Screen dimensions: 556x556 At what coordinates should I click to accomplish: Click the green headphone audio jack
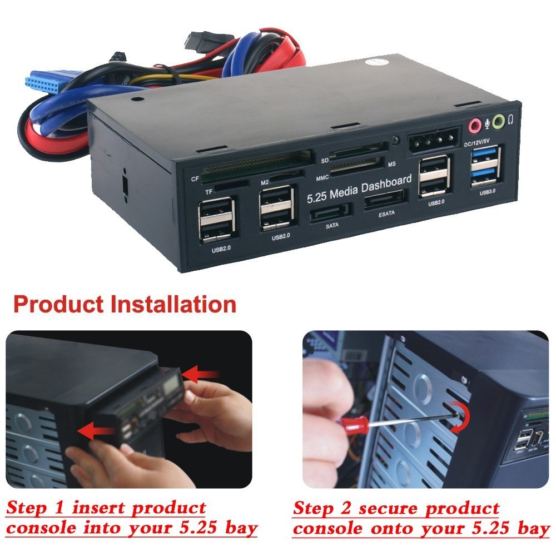[499, 120]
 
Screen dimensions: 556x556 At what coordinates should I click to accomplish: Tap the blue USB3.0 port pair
[487, 167]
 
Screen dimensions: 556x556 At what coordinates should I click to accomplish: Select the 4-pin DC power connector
[434, 147]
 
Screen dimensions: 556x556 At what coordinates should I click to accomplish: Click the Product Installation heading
[125, 304]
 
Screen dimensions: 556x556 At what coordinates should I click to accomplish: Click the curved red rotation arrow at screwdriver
[460, 418]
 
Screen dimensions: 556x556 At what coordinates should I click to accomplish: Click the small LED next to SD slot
[395, 140]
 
